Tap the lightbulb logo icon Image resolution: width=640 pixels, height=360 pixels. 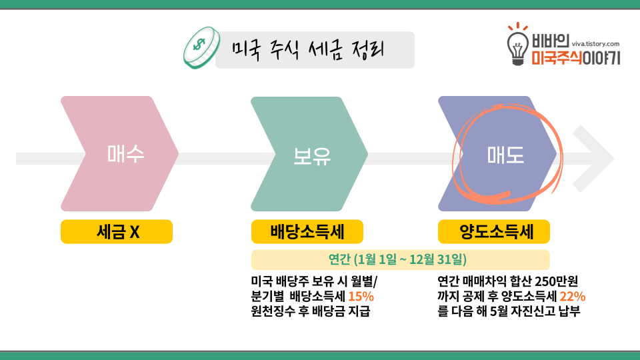(517, 45)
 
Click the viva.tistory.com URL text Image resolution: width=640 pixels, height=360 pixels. (595, 42)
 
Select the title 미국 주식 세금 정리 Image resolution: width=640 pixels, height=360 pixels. (309, 49)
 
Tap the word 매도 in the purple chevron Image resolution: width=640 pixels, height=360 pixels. (505, 155)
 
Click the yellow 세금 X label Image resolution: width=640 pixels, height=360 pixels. (117, 232)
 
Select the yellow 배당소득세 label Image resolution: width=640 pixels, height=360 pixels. (307, 232)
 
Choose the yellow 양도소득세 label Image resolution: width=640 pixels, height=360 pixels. (494, 232)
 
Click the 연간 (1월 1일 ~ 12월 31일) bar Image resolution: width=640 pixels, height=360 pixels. (400, 259)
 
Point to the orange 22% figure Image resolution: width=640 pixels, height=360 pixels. (573, 296)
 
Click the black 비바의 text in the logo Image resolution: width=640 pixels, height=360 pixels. (550, 42)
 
